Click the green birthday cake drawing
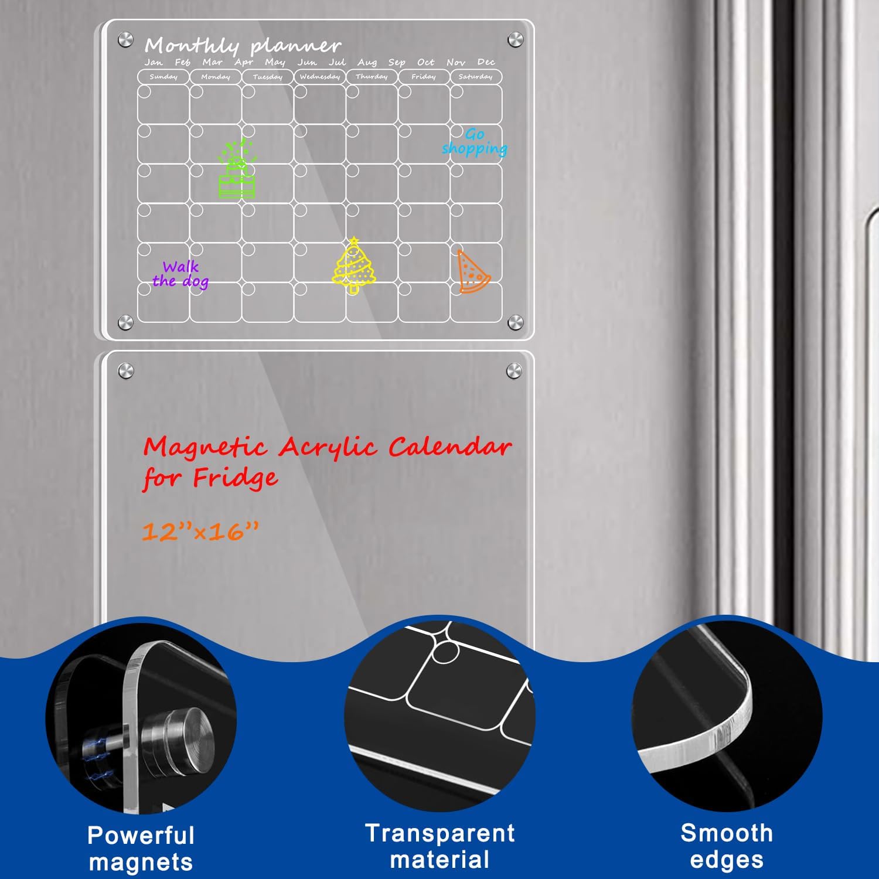[237, 170]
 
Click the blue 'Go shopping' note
[475, 142]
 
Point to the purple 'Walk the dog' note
[180, 274]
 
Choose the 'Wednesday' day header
[319, 77]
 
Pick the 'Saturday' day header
[475, 77]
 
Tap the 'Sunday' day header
[163, 77]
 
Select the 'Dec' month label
[486, 62]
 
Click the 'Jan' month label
[154, 62]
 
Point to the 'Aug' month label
[367, 62]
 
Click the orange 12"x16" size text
[200, 532]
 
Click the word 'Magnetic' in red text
[206, 448]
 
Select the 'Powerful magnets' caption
[141, 849]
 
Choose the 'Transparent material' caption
[439, 846]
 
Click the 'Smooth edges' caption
[727, 846]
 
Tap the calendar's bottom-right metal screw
[515, 322]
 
